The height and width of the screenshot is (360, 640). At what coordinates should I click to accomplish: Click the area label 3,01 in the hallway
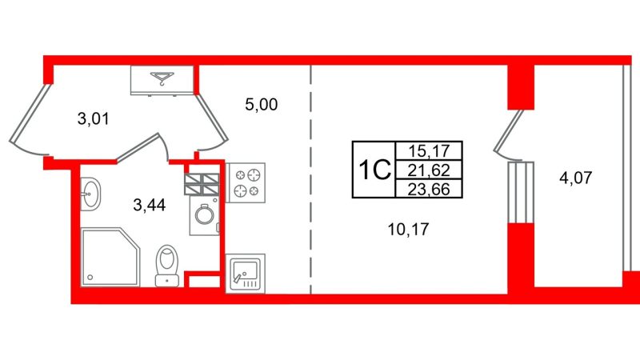94,119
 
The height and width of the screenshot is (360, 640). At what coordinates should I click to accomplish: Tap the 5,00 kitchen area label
262,105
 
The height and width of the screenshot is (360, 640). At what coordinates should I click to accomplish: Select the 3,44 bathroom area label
150,206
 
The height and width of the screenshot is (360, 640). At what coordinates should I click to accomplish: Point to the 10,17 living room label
409,230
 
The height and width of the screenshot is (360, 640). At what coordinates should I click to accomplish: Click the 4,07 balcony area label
575,178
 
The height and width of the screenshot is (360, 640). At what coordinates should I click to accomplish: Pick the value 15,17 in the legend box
429,151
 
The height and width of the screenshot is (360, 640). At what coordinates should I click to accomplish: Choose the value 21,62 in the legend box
429,170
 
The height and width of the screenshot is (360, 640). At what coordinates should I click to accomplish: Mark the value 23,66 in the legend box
429,189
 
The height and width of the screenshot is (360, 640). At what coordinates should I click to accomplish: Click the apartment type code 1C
374,170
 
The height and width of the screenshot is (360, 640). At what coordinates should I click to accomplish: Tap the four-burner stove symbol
246,183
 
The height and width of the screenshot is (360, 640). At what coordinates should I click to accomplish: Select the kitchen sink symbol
246,274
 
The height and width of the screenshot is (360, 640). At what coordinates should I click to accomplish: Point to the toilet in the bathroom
167,266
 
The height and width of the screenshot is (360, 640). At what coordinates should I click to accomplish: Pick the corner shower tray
110,257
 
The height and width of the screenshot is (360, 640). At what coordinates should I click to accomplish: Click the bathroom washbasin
90,194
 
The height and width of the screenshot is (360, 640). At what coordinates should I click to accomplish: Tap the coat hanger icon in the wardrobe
162,78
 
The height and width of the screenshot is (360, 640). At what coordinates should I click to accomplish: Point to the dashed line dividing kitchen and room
310,179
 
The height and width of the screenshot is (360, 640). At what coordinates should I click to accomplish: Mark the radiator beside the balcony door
521,193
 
